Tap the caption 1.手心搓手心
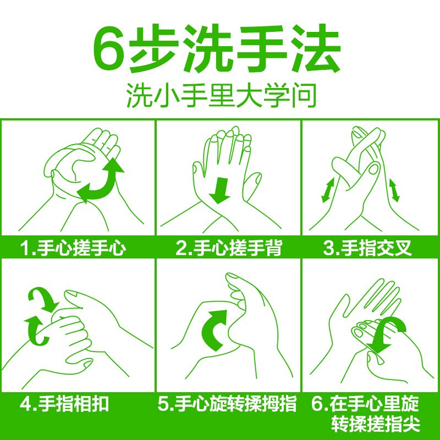[x=74, y=248]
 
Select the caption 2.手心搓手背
[x=229, y=248]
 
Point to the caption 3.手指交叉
[x=367, y=248]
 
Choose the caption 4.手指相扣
[x=64, y=404]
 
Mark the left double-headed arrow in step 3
[x=328, y=190]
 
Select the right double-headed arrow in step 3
[x=394, y=191]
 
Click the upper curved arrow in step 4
[x=42, y=299]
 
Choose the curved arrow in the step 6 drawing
[x=392, y=335]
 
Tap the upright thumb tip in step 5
[x=232, y=278]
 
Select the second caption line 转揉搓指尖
[x=376, y=424]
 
